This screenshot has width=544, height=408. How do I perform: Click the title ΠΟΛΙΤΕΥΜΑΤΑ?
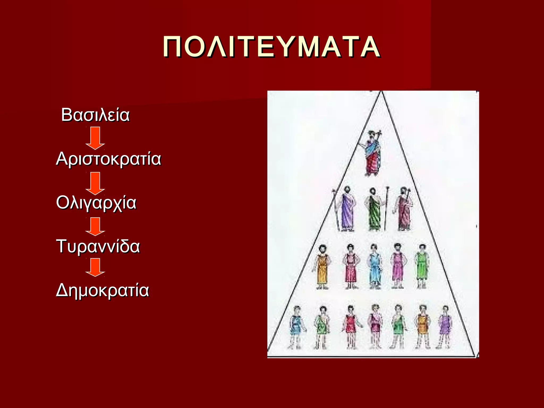pos(271,47)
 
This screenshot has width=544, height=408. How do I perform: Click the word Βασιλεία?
pos(95,115)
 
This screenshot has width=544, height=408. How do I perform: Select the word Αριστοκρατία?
pos(108,159)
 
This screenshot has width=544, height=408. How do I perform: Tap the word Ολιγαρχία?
pos(96,203)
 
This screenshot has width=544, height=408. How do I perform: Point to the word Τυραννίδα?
pos(98,246)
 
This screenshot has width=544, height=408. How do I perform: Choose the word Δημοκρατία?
pos(103,290)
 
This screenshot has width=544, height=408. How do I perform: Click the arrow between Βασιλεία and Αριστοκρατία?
pos(95,138)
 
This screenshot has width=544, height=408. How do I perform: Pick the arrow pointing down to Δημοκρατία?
pos(95,267)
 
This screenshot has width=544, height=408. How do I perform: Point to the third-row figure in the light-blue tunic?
pos(375,267)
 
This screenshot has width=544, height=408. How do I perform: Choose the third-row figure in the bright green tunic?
pos(422,267)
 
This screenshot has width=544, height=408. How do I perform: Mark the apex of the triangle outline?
pos(381,92)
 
